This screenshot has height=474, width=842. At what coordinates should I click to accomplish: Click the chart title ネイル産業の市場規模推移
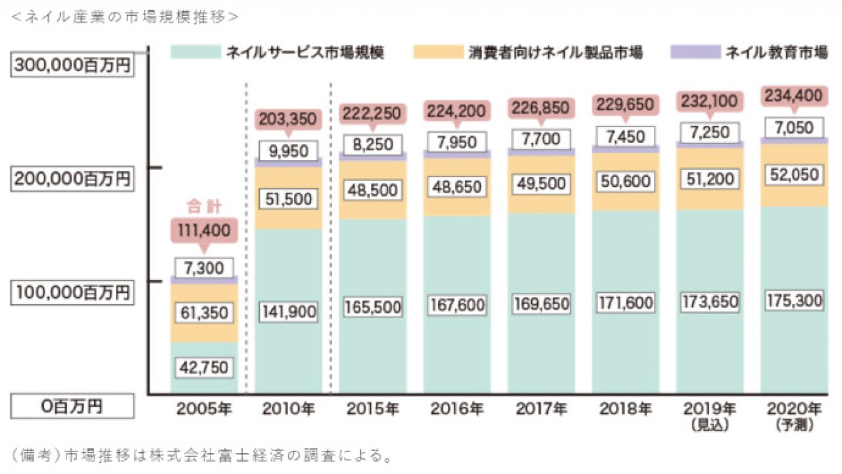tap(125, 17)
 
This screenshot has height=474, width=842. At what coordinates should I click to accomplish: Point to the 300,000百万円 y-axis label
tap(72, 66)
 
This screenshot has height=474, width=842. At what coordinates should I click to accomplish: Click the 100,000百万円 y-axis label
tap(72, 293)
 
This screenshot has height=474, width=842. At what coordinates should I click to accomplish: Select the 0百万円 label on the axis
tap(72, 407)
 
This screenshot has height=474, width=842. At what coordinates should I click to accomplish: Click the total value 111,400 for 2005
tap(204, 230)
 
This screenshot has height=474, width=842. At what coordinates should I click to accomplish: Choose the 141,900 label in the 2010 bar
tap(288, 311)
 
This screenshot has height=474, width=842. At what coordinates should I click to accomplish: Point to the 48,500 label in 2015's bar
tap(372, 190)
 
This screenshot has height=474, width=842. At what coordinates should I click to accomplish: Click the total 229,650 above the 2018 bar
tap(625, 106)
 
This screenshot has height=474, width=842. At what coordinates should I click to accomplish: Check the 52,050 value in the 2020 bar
tap(795, 174)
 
